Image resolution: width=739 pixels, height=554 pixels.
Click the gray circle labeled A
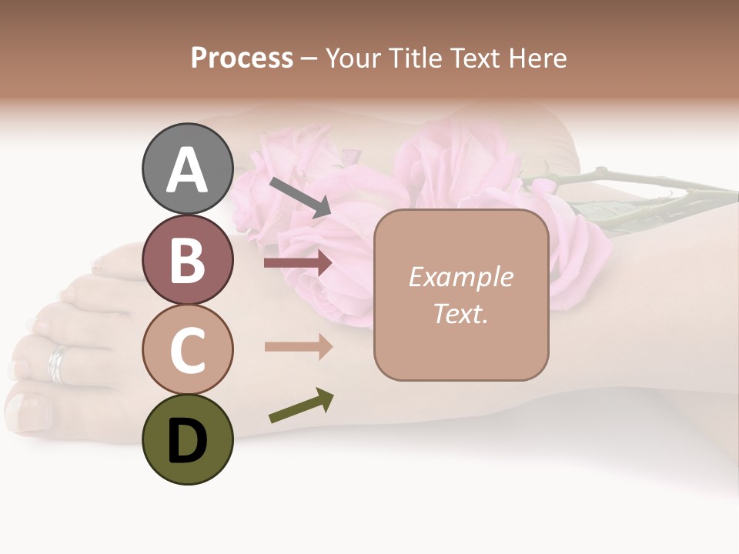pos(187,169)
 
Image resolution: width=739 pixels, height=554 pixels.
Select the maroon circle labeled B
pos(187,259)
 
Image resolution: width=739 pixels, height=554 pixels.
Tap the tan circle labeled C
pos(187,349)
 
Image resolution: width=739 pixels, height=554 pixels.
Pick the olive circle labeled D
pos(187,439)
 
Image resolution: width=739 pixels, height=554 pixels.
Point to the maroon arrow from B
pos(298,263)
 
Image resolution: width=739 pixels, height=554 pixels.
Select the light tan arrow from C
pos(298,346)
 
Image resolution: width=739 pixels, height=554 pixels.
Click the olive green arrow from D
pos(301,406)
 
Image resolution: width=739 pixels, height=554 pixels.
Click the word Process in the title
pos(242,58)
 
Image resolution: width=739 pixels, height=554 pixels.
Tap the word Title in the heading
pos(413,58)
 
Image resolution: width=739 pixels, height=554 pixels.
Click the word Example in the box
pos(460,277)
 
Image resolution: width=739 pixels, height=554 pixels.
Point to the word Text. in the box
pos(460,314)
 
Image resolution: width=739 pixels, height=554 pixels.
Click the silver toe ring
pos(58,363)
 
